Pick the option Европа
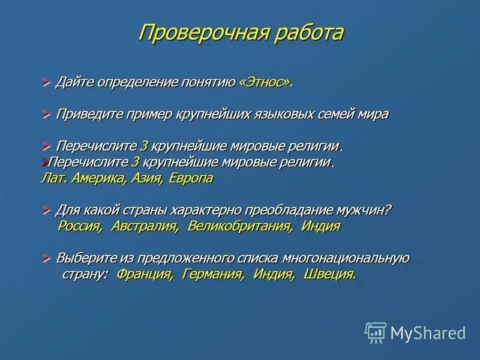click(x=190, y=178)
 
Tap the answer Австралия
click(x=145, y=226)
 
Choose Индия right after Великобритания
click(x=321, y=226)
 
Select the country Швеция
click(x=330, y=274)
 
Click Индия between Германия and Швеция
click(x=274, y=274)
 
